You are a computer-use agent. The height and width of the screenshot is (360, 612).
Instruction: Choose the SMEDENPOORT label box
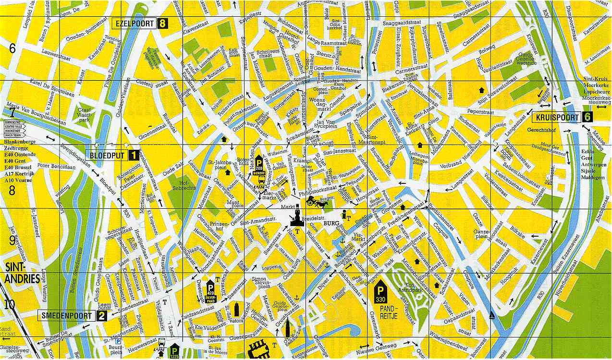(67, 315)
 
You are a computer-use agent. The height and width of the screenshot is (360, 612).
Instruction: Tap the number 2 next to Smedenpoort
(102, 315)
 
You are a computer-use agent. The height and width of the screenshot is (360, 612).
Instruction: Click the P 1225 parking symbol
(174, 351)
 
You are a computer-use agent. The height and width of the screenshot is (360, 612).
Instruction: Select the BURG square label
(331, 223)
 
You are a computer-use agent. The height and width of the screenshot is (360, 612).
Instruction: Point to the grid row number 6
(12, 48)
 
